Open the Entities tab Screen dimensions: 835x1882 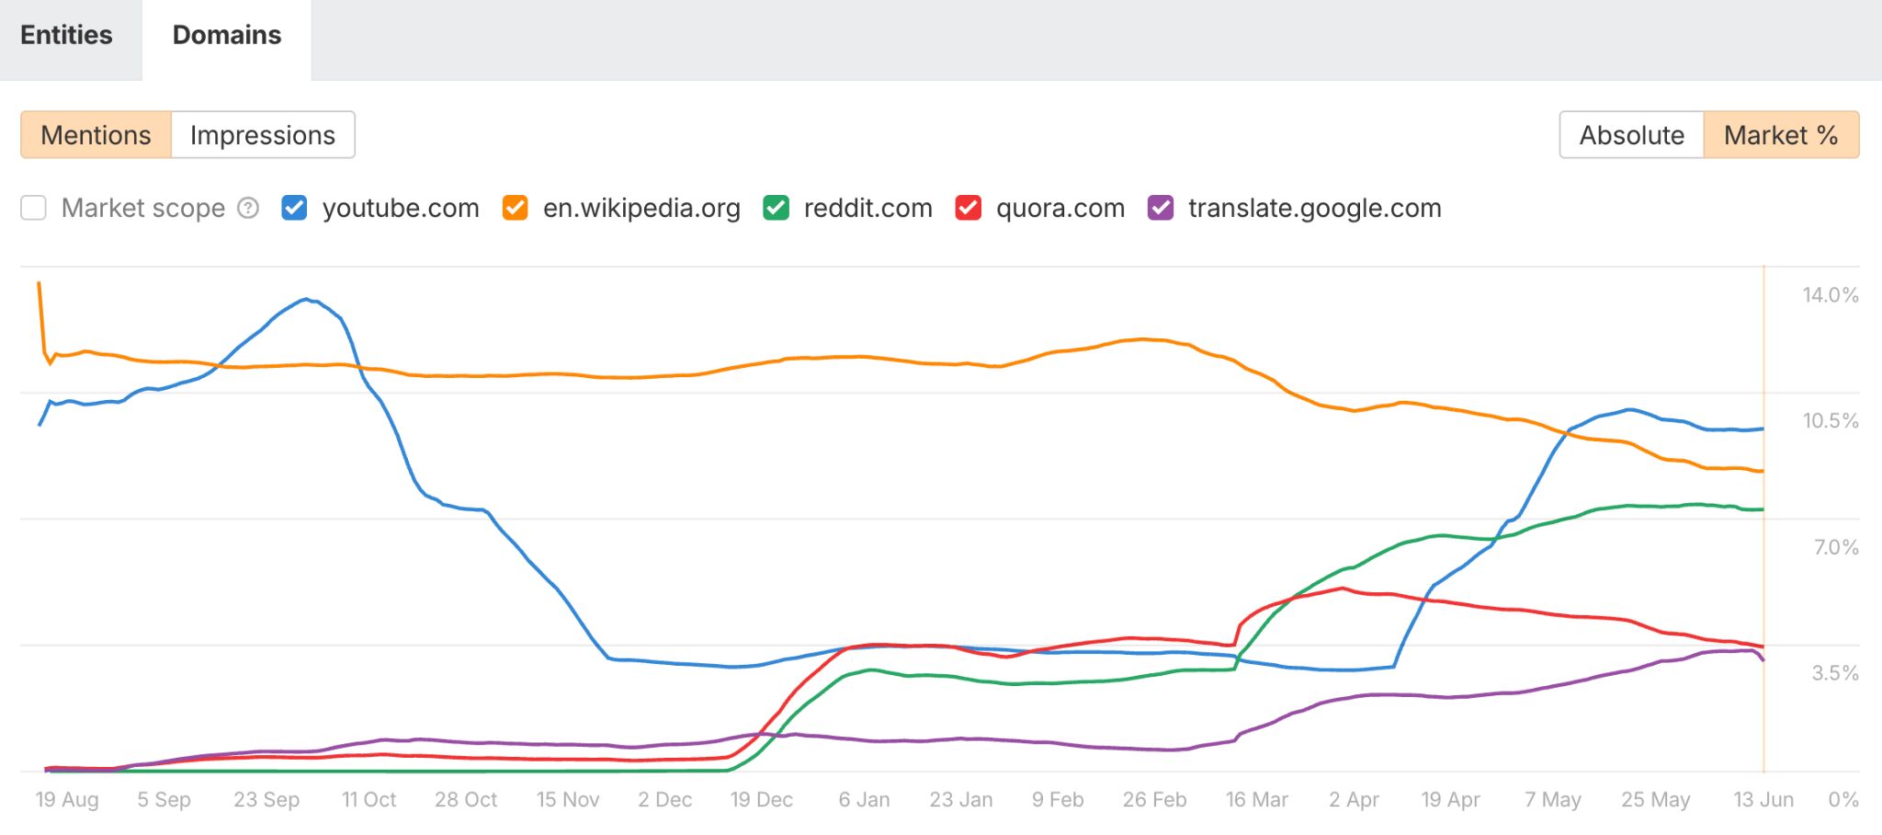coord(66,35)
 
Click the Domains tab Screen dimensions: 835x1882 coord(227,35)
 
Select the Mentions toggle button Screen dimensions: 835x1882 coord(96,135)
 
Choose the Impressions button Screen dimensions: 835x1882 coord(263,135)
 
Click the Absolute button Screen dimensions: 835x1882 coord(1631,135)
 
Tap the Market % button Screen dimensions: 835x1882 coord(1781,135)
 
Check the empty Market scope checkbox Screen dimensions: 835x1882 coord(34,208)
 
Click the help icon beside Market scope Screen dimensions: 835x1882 coord(248,208)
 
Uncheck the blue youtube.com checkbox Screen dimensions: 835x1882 coord(294,208)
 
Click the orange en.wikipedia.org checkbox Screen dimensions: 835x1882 coord(515,208)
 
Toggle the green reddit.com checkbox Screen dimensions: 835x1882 coord(776,208)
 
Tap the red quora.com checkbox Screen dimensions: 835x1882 coord(969,208)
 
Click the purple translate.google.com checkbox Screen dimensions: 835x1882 coord(1161,208)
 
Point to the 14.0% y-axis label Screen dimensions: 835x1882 coord(1830,295)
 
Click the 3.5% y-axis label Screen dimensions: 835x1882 coord(1834,673)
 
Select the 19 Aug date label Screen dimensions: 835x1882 coord(67,800)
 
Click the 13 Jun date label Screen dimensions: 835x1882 coord(1763,800)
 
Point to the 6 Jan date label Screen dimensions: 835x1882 coord(864,800)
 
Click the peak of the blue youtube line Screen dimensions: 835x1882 coord(307,299)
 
